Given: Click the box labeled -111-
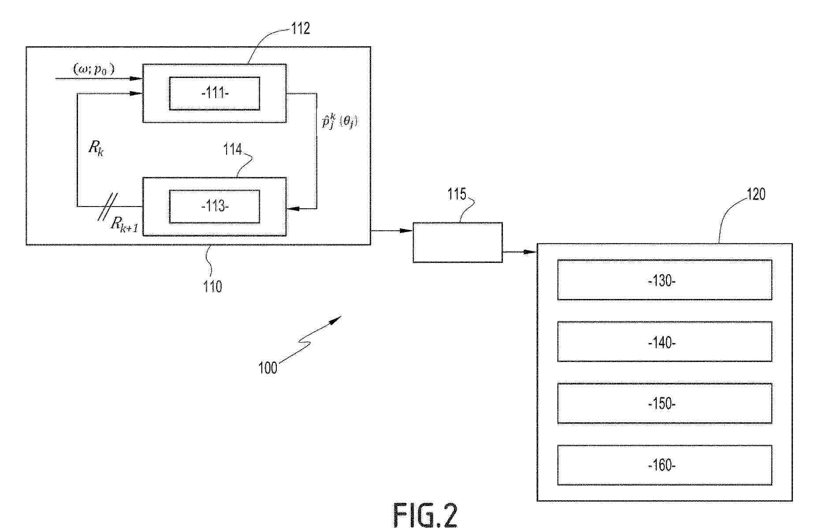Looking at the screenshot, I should pyautogui.click(x=215, y=93).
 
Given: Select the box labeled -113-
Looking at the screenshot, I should pyautogui.click(x=215, y=207).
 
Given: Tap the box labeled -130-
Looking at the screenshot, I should pyautogui.click(x=664, y=280).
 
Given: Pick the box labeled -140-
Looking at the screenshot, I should pyautogui.click(x=664, y=342).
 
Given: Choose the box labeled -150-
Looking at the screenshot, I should pyautogui.click(x=664, y=403).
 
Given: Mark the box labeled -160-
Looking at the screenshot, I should pyautogui.click(x=664, y=465).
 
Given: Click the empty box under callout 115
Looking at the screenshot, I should pyautogui.click(x=457, y=243).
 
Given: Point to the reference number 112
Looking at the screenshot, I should pyautogui.click(x=301, y=29).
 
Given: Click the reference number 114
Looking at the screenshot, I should pyautogui.click(x=232, y=150).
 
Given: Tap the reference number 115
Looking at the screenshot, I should pyautogui.click(x=457, y=194).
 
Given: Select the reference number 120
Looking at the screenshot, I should pyautogui.click(x=756, y=194).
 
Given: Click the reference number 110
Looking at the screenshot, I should pyautogui.click(x=212, y=287).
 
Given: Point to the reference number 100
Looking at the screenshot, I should pyautogui.click(x=268, y=368).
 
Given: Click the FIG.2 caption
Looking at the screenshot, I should pyautogui.click(x=425, y=515).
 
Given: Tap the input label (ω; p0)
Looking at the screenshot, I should pyautogui.click(x=94, y=70).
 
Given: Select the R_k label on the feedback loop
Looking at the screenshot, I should pyautogui.click(x=96, y=148).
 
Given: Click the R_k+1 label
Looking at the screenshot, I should pyautogui.click(x=124, y=224).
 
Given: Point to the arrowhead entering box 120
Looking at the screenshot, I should pyautogui.click(x=532, y=252).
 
